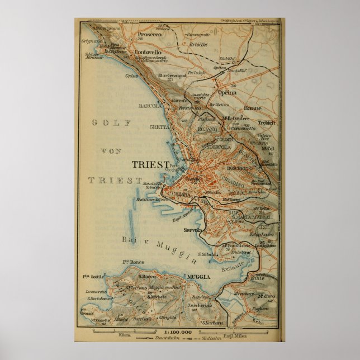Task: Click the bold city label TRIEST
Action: (x=150, y=164)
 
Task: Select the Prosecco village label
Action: (x=147, y=34)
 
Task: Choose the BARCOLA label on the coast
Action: (x=150, y=105)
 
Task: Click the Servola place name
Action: (x=199, y=230)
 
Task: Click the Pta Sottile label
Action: (x=94, y=276)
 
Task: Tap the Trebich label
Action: (x=266, y=122)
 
